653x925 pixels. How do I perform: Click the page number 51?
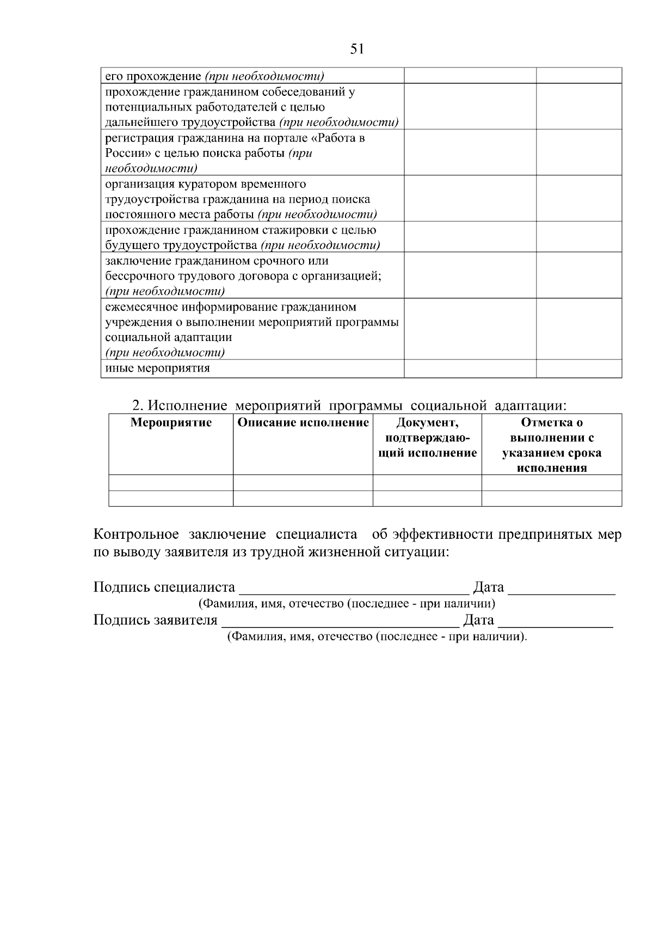pos(357,49)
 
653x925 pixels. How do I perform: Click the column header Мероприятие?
pos(171,423)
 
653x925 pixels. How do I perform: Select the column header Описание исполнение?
pos(303,423)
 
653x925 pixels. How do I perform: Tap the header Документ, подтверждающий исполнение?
pos(427,437)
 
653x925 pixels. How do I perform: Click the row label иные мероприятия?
pos(157,368)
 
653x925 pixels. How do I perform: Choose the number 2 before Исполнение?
pos(137,406)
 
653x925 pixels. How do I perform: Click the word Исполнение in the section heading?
pos(188,406)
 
